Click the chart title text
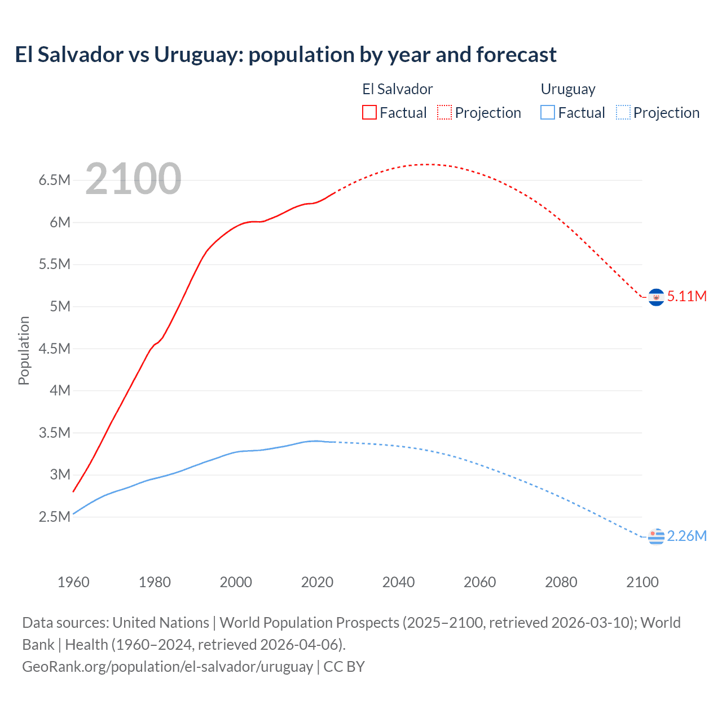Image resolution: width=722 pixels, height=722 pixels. (285, 55)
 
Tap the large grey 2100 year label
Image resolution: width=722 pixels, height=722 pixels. (133, 179)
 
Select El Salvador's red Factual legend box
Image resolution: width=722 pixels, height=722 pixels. (369, 112)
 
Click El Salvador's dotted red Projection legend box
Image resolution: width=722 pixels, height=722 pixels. (444, 112)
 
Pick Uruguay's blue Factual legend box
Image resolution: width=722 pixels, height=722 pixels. (548, 112)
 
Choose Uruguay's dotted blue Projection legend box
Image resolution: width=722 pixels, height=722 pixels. (623, 112)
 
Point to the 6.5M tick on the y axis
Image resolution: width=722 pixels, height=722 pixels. (55, 180)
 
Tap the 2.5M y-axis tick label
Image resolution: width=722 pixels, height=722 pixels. (55, 517)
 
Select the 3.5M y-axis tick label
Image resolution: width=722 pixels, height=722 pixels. (55, 433)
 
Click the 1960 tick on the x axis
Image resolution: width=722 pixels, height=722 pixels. (73, 582)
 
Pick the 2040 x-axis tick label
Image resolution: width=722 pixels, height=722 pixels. (398, 582)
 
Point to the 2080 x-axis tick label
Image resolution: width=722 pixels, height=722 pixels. (561, 582)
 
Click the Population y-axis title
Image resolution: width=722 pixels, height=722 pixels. (24, 350)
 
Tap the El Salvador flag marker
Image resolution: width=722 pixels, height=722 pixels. (656, 297)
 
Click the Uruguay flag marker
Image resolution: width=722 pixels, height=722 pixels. (656, 536)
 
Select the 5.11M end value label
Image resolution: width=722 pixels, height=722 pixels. (686, 297)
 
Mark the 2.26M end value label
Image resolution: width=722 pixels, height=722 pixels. (686, 536)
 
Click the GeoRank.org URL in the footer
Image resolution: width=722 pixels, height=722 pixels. (168, 667)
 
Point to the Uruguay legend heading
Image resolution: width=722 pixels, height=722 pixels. (568, 89)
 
